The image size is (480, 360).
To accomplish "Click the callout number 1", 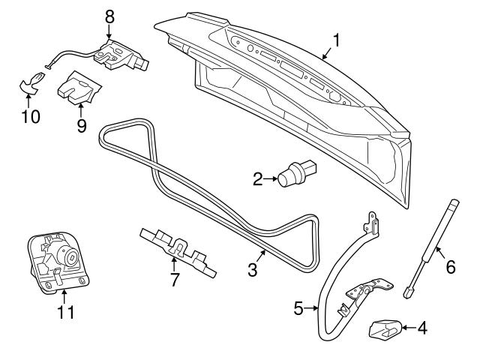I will pyautogui.click(x=337, y=38).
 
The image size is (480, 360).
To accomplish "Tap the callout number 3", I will pyautogui.click(x=253, y=269).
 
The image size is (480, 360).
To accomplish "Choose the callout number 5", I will pyautogui.click(x=299, y=307).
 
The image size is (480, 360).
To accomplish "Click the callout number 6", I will pyautogui.click(x=450, y=265).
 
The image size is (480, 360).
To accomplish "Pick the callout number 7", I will pyautogui.click(x=175, y=281).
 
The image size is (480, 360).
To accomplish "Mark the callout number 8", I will pyautogui.click(x=110, y=15).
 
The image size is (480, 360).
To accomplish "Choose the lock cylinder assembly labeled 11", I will pyautogui.click(x=57, y=261).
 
